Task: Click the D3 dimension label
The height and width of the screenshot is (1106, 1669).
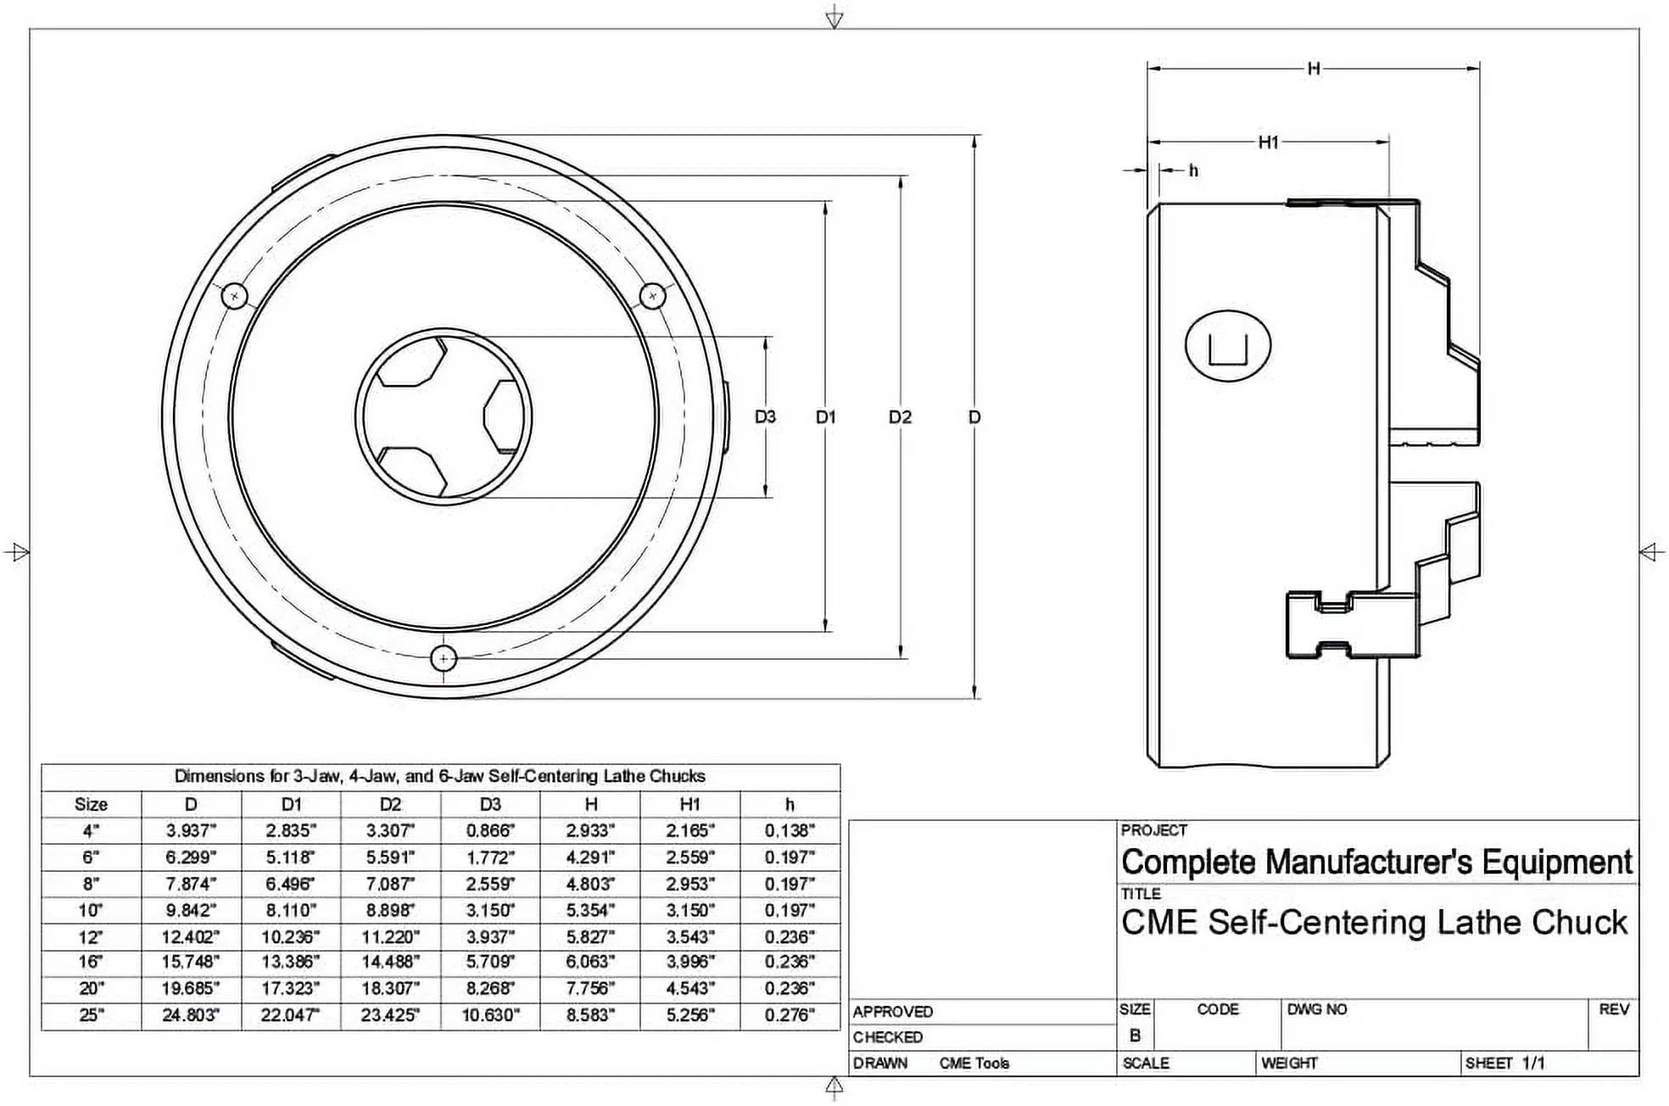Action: (x=765, y=416)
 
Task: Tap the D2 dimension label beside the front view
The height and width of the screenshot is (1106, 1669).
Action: (x=900, y=416)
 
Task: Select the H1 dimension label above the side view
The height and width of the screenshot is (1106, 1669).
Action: (x=1268, y=142)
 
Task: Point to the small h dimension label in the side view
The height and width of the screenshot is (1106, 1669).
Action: (x=1193, y=170)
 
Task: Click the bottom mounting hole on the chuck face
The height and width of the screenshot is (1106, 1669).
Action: (x=444, y=658)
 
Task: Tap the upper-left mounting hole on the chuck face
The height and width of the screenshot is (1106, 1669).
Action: (x=234, y=296)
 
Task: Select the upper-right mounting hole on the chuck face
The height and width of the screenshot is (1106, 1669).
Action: (x=651, y=296)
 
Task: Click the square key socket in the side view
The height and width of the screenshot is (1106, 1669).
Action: (x=1227, y=346)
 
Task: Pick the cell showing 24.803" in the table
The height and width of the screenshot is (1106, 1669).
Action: (x=191, y=1014)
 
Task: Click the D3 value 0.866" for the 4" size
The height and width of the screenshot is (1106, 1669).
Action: (x=490, y=830)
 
